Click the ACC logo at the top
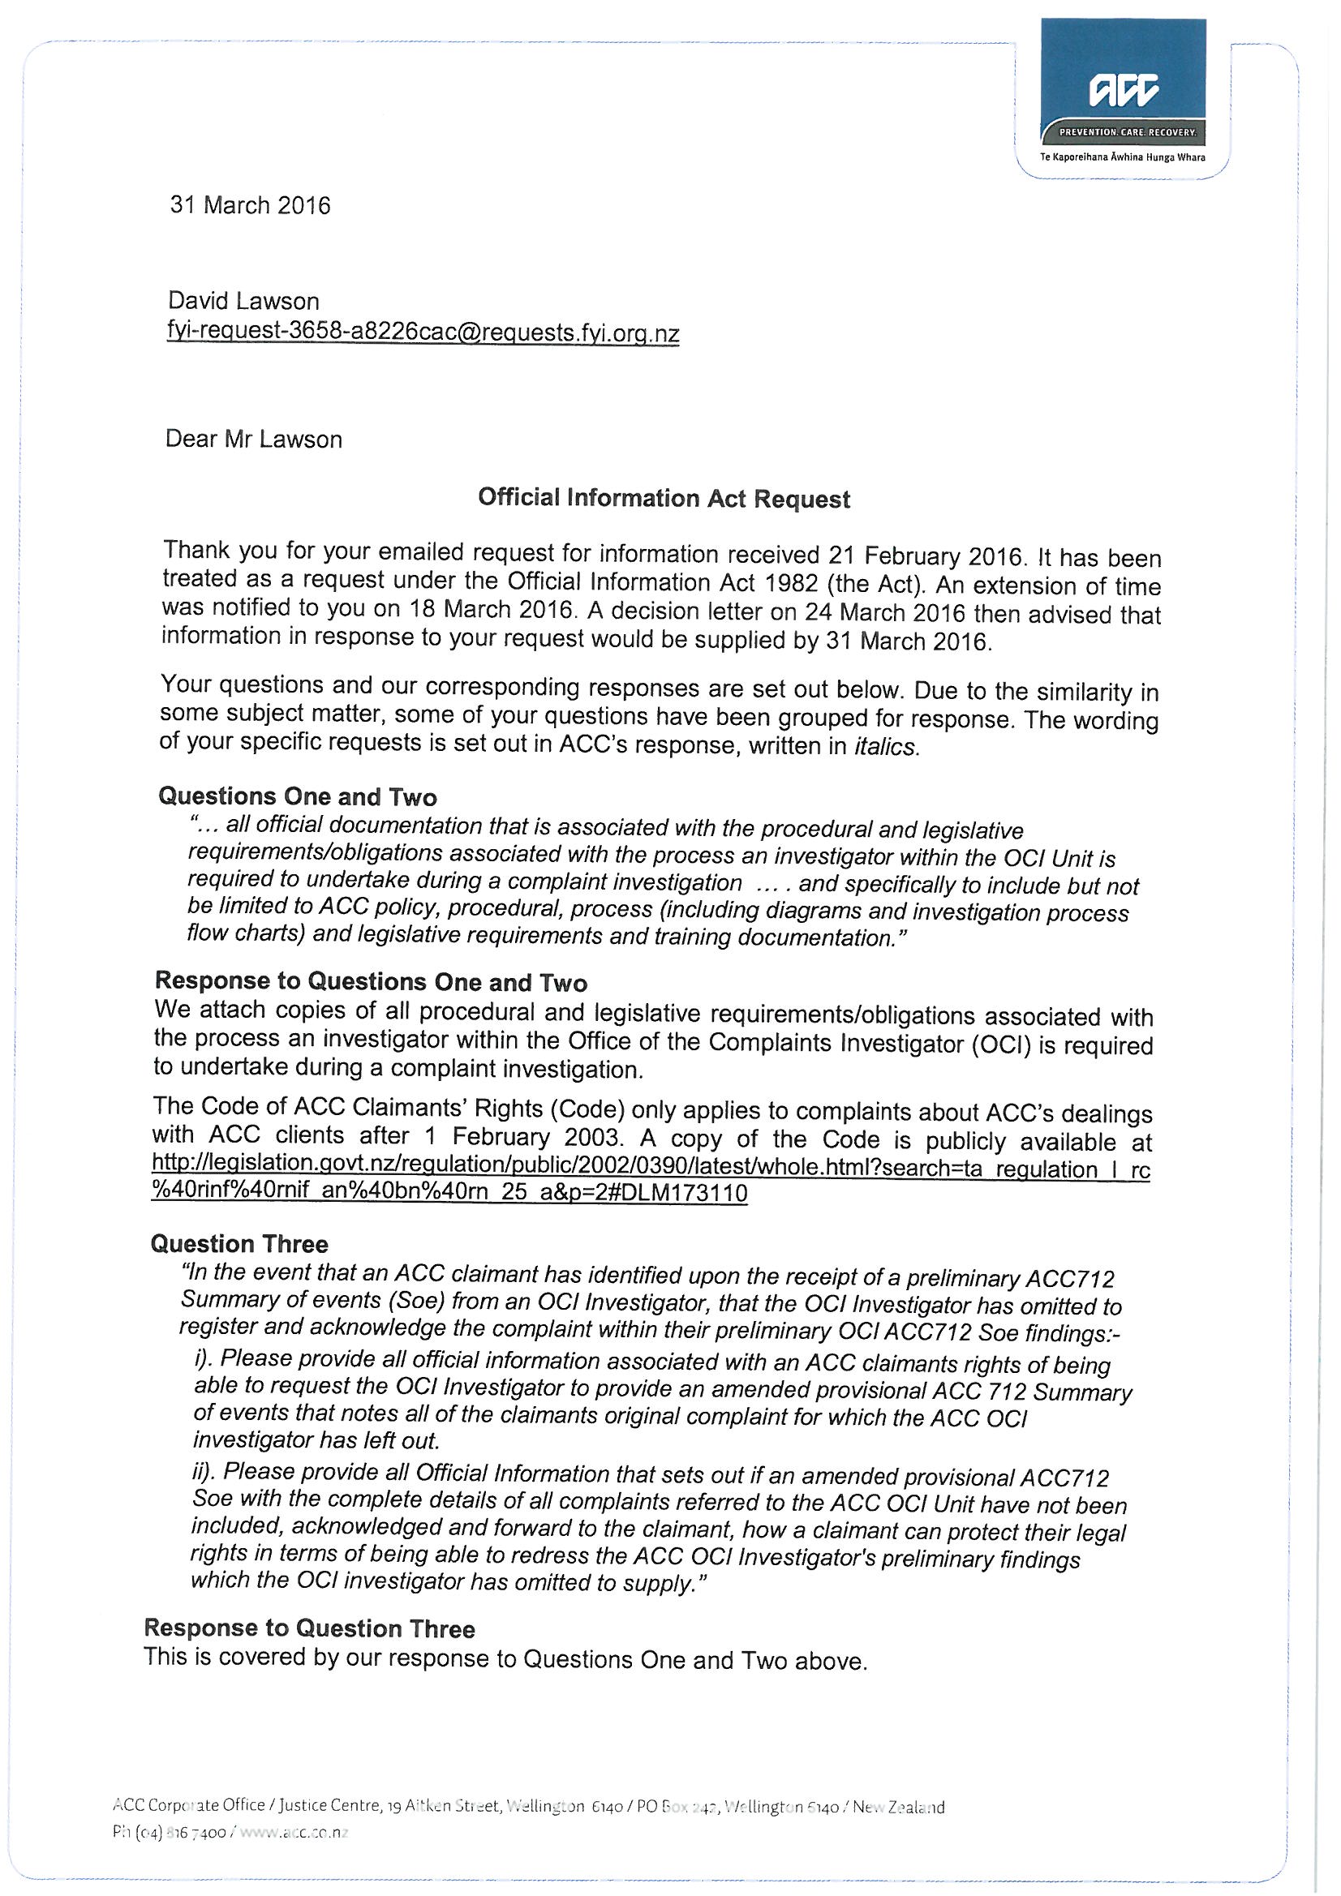pos(1123,90)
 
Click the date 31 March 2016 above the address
pos(250,205)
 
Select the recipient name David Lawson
pos(243,301)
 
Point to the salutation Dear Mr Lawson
pos(254,439)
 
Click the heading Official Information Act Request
pos(664,499)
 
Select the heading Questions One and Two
pos(298,796)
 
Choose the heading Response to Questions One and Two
pos(371,982)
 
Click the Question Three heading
pos(239,1244)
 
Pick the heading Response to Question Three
pos(309,1628)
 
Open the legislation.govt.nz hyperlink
pos(651,1181)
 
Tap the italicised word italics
pos(885,748)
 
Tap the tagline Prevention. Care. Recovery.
pos(1127,132)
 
